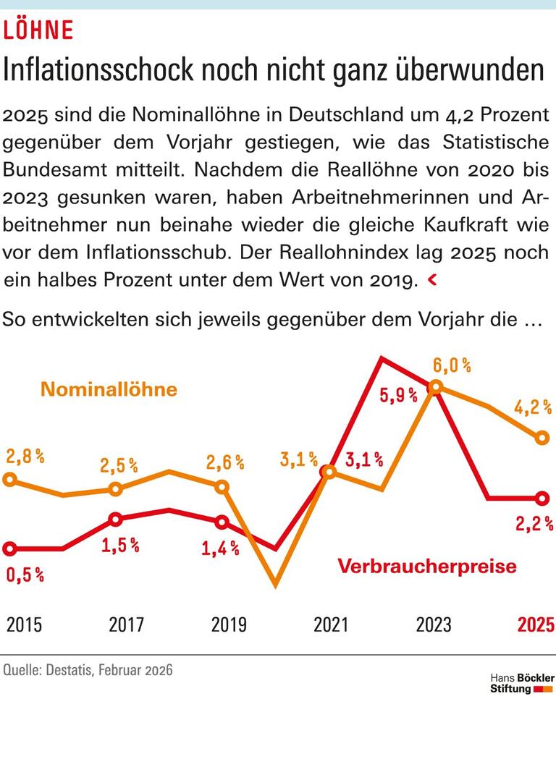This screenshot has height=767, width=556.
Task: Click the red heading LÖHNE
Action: (x=39, y=30)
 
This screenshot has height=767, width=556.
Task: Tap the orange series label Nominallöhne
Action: (x=109, y=389)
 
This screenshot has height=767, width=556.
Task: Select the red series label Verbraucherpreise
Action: (x=427, y=566)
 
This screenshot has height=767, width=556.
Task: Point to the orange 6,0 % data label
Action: (x=452, y=365)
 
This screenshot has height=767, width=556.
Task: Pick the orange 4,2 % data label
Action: (x=533, y=408)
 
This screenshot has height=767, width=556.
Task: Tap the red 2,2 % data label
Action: (x=534, y=522)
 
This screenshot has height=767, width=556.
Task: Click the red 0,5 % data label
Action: (x=25, y=575)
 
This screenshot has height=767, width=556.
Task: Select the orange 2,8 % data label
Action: (x=25, y=457)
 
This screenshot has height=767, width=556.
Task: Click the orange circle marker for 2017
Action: (x=115, y=490)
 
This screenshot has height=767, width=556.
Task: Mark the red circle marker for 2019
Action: (x=222, y=522)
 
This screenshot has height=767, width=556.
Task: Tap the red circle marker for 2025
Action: (x=541, y=498)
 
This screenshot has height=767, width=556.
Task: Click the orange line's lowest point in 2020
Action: (x=276, y=583)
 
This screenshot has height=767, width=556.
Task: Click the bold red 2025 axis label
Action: (x=536, y=624)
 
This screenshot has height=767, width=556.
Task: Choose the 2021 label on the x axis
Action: (x=331, y=624)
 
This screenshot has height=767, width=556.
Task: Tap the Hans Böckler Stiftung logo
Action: (x=521, y=683)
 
